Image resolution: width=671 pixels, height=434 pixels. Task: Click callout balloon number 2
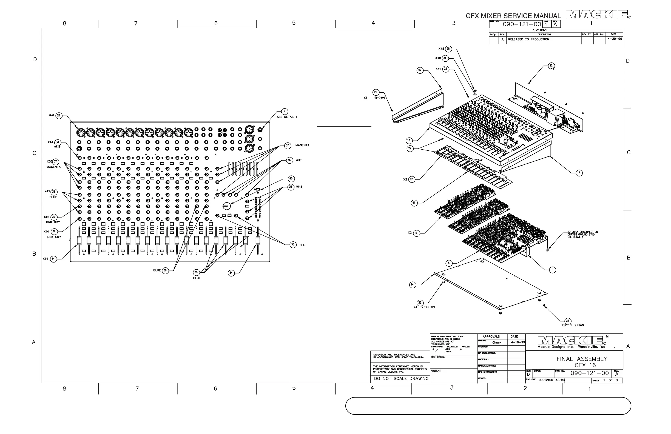pos(284,112)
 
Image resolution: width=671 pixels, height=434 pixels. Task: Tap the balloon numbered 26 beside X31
pos(59,116)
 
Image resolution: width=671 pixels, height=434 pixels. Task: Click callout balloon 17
pos(579,173)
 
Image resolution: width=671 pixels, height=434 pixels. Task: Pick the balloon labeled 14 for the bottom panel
pos(413,285)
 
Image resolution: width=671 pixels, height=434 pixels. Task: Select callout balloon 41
pos(414,203)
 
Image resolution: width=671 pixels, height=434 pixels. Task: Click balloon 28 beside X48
pos(448,49)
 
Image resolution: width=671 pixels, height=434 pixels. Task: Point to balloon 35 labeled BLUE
pos(196,272)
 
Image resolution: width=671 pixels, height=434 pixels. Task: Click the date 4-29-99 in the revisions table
pos(615,39)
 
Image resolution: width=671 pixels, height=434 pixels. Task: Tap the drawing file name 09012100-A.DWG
pos(551,380)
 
